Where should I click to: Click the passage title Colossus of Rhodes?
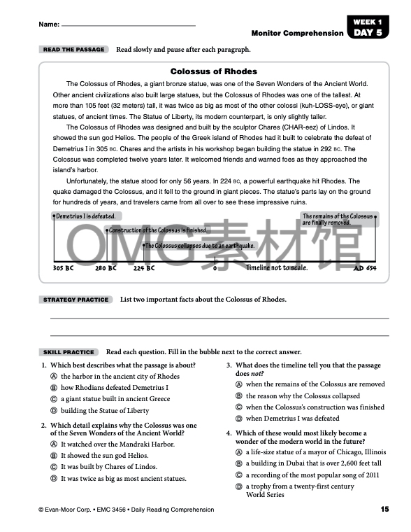click(214, 71)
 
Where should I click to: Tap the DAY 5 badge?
click(368, 32)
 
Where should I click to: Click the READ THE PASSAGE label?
click(73, 50)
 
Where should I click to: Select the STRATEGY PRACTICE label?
click(75, 300)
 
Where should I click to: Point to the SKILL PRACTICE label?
click(68, 352)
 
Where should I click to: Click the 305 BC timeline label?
click(63, 268)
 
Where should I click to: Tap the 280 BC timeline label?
click(106, 268)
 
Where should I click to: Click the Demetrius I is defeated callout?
click(85, 216)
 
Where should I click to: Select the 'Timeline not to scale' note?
click(276, 268)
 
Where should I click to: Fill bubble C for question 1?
click(54, 399)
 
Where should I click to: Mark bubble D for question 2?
click(54, 479)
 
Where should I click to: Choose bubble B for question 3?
click(239, 396)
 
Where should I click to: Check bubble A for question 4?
click(239, 452)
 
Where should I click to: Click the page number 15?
click(384, 509)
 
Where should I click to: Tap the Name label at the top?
click(49, 24)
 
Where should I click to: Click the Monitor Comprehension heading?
click(297, 33)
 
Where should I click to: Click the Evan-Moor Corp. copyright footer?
click(126, 510)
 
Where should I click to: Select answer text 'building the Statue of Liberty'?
click(105, 411)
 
